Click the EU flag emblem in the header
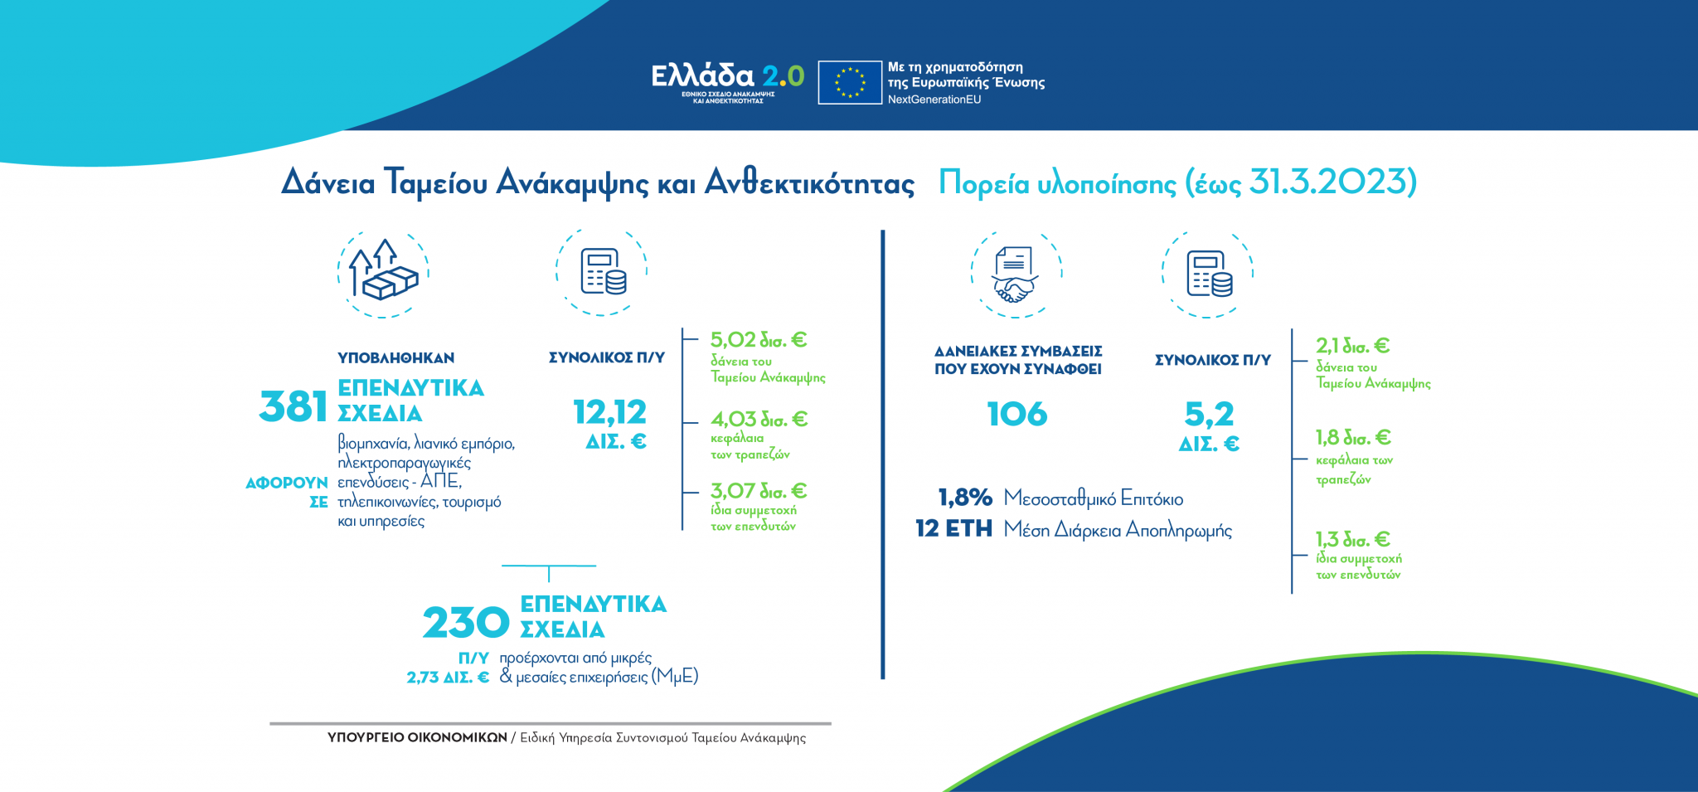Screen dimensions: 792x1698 coord(849,82)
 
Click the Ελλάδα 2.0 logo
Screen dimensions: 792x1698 coord(727,80)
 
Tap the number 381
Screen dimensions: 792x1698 coord(294,406)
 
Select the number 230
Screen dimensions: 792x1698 coord(466,623)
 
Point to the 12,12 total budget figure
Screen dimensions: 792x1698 coord(609,412)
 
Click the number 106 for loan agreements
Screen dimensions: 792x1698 coord(1017,414)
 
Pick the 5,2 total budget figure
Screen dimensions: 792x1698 coord(1209,414)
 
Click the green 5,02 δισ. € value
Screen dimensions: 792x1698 coord(758,340)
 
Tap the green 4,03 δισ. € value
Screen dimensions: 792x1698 coord(759,420)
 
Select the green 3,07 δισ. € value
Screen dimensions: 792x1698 coord(758,491)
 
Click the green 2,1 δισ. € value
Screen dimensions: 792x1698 coord(1352,346)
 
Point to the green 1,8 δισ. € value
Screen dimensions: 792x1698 coord(1352,437)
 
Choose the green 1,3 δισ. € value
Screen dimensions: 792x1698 coord(1352,539)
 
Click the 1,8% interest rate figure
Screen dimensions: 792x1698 coord(965,498)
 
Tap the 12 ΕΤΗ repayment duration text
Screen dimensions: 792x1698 coord(953,528)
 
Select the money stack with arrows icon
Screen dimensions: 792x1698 coord(383,271)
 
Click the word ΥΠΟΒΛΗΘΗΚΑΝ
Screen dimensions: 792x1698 coord(395,358)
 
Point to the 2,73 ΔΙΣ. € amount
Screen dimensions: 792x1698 coord(448,678)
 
